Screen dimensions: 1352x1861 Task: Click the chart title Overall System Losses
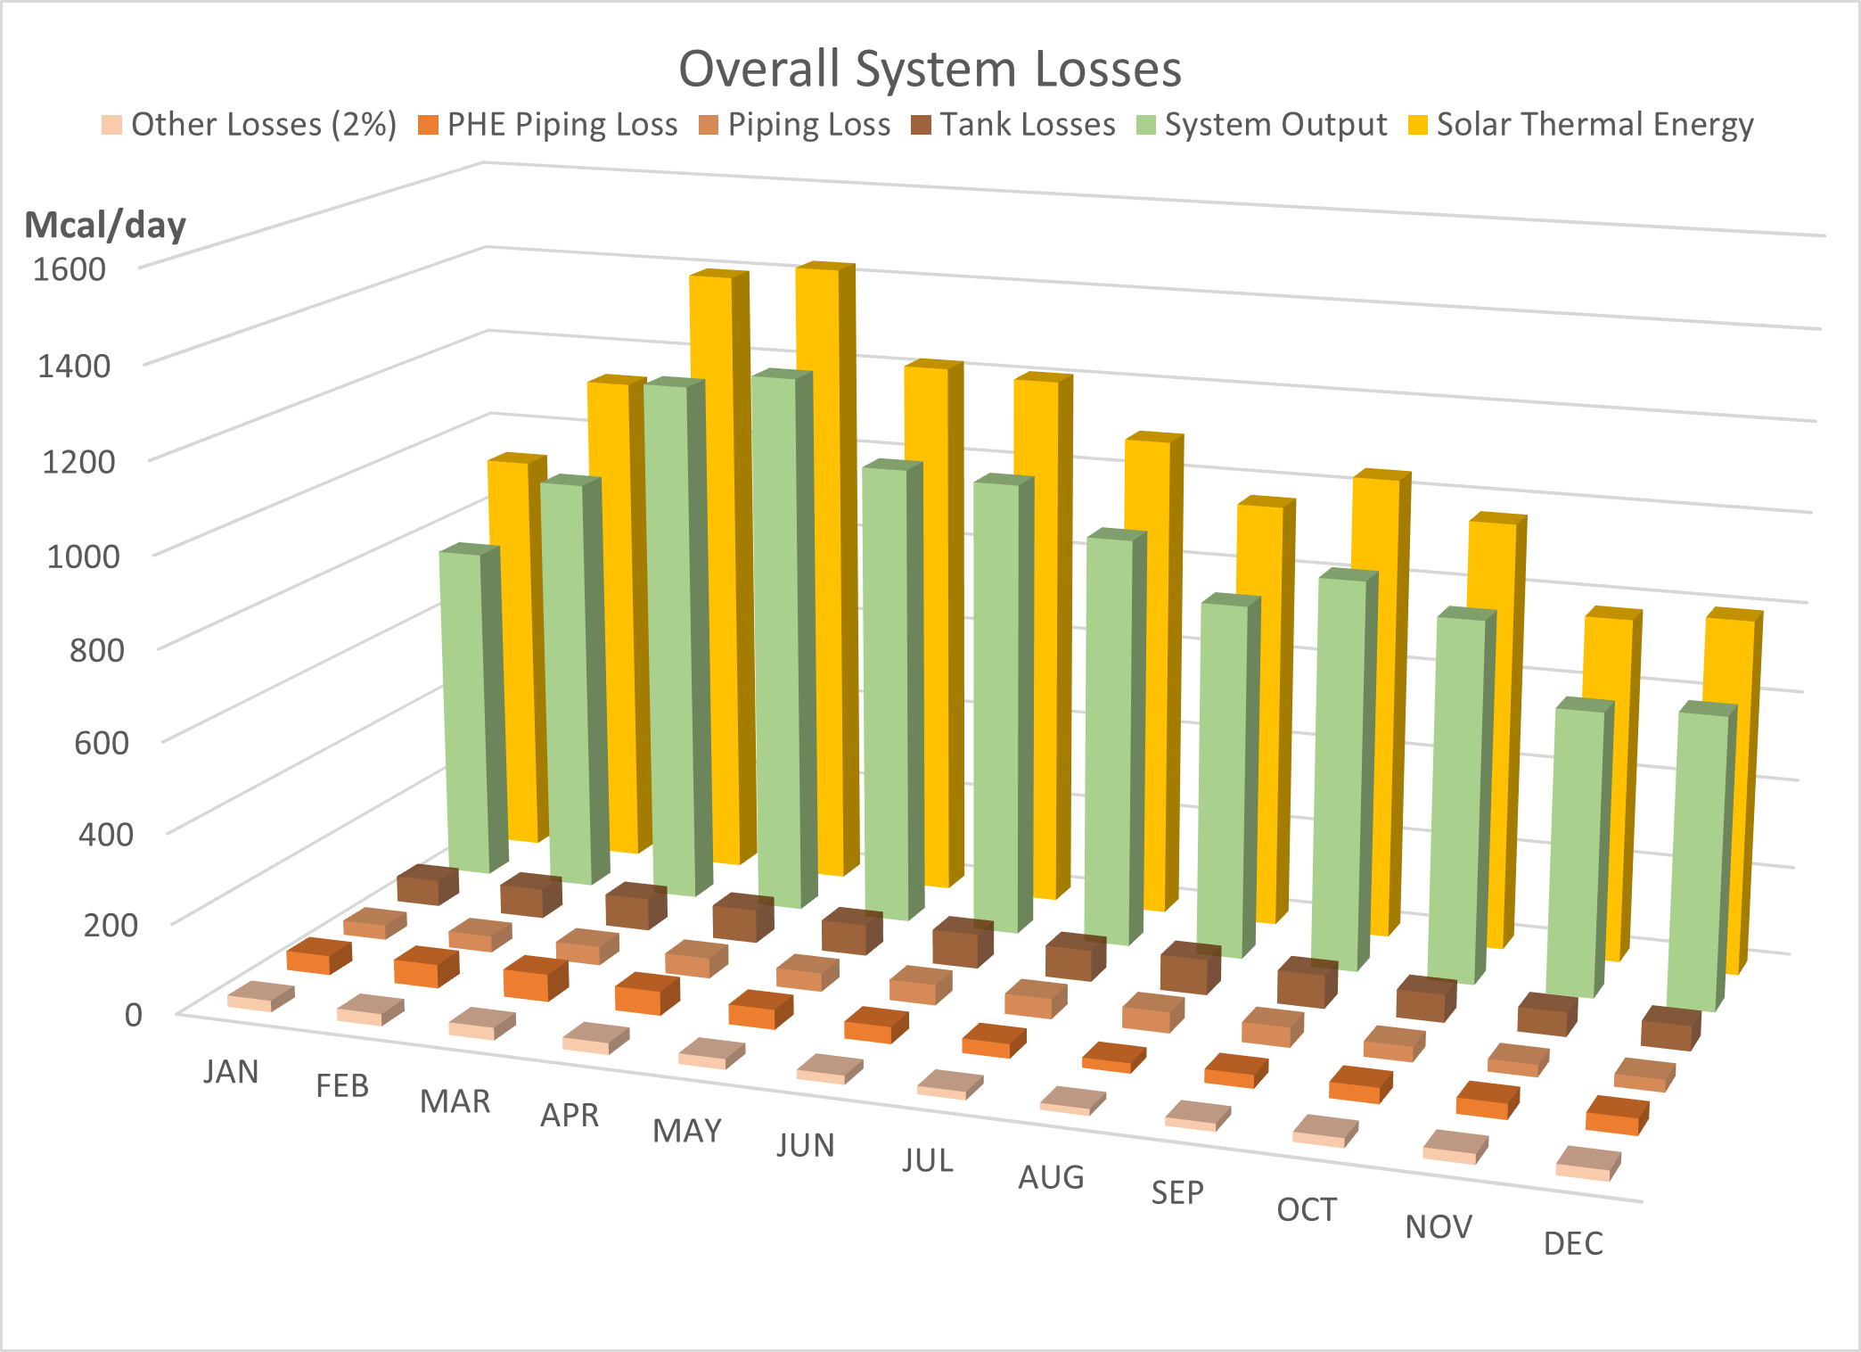tap(930, 69)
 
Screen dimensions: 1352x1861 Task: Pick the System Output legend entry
tap(1263, 125)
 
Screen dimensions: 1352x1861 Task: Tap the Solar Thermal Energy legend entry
tap(1581, 125)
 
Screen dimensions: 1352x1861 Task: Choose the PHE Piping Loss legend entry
tap(548, 125)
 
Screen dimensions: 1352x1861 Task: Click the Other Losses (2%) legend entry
tap(250, 125)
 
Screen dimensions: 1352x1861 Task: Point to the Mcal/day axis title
tap(105, 225)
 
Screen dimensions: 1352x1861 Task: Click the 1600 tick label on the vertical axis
tap(69, 269)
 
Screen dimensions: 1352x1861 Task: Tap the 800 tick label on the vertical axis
tap(96, 649)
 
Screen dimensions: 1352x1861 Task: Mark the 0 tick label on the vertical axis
tap(133, 1015)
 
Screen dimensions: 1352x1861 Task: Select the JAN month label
tap(231, 1071)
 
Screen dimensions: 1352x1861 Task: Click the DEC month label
tap(1573, 1243)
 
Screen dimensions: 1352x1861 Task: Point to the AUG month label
tap(1051, 1177)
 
